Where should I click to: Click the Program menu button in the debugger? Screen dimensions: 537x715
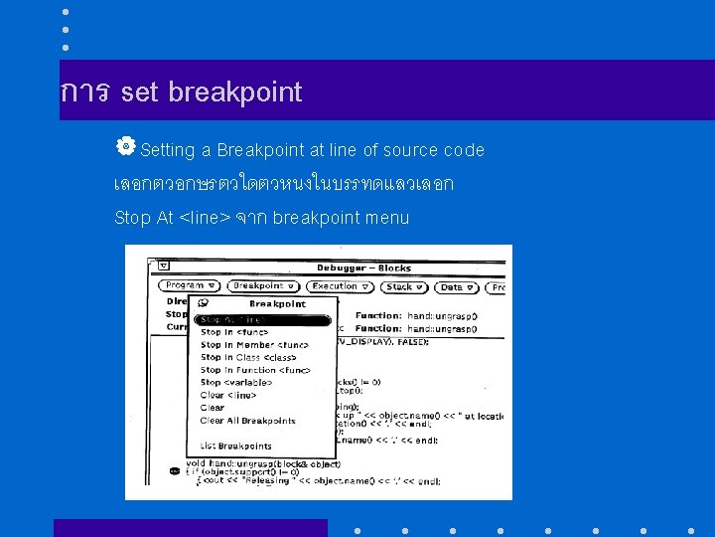coord(190,286)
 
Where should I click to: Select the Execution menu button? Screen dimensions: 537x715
coord(340,286)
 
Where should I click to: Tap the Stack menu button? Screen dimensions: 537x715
coord(404,286)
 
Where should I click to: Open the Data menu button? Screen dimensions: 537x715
coord(457,286)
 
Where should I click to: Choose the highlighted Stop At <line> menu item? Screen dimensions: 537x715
coord(261,320)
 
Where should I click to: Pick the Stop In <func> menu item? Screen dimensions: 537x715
coord(234,332)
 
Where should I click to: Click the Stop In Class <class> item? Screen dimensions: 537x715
coord(248,357)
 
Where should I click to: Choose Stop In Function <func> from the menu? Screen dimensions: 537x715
coord(255,370)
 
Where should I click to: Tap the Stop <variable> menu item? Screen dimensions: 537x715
coord(235,382)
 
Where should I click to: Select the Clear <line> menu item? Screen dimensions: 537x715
coord(227,395)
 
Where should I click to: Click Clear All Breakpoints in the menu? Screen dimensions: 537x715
coord(247,421)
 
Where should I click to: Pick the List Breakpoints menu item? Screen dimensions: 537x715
coord(235,447)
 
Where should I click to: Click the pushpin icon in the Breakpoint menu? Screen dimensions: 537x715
coord(203,303)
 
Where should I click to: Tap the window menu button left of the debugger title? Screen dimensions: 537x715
coord(163,267)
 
